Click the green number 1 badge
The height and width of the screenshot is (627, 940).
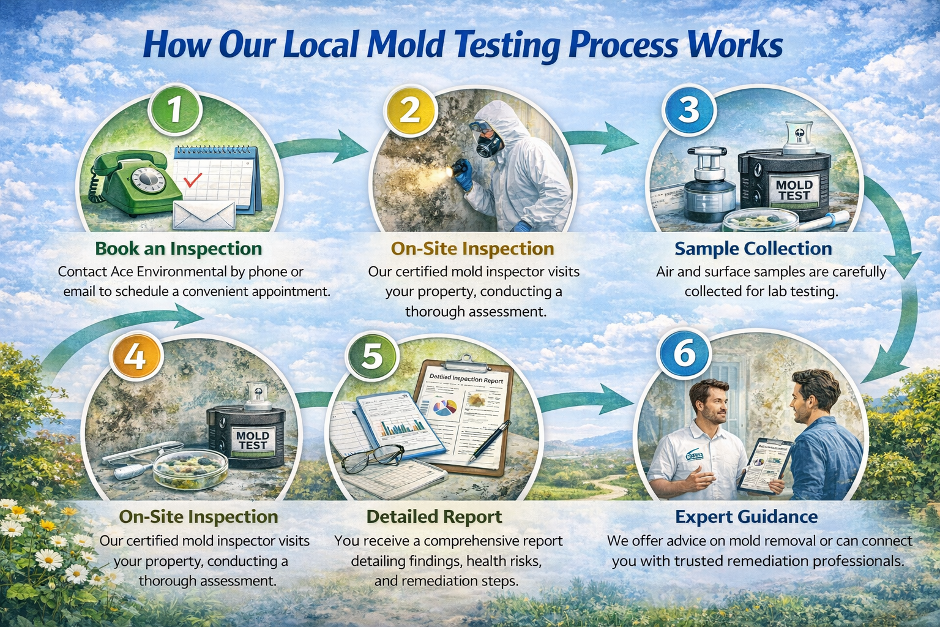(175, 110)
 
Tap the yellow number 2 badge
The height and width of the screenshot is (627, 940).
(409, 110)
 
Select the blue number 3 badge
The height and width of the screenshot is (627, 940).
(688, 110)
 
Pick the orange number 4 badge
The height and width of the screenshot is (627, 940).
(135, 355)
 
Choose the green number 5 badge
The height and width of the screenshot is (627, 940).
(371, 355)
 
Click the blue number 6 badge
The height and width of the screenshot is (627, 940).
(684, 353)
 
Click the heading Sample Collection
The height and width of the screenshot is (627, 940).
(753, 249)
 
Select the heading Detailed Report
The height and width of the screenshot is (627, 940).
(434, 517)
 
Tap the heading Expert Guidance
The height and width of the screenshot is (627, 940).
(746, 517)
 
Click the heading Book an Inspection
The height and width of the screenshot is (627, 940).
(179, 249)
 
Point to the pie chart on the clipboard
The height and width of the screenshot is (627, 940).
(444, 407)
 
